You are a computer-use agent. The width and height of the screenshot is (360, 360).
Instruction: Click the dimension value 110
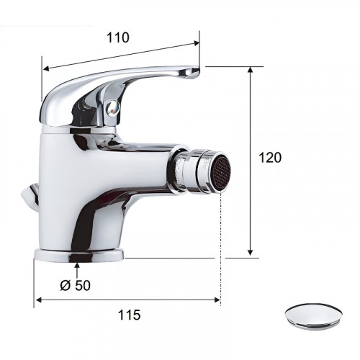click(x=118, y=37)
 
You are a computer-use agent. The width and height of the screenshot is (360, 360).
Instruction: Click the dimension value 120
click(x=270, y=158)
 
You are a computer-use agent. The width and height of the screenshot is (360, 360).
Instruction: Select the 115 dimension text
click(x=129, y=315)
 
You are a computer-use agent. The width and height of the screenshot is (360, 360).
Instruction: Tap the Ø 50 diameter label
click(x=76, y=285)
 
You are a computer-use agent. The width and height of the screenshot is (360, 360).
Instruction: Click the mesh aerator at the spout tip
click(x=221, y=173)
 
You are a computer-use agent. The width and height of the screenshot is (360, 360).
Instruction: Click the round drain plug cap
click(x=313, y=316)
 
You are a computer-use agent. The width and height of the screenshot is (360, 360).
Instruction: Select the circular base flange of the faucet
click(x=79, y=256)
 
